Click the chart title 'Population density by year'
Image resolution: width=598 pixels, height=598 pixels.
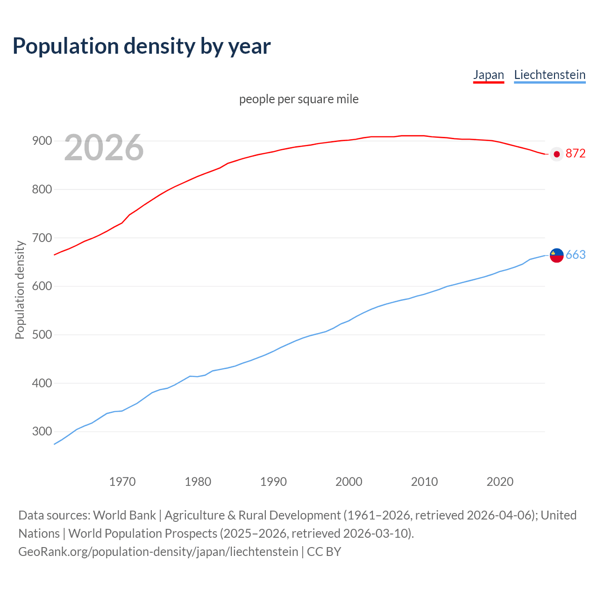coord(142,46)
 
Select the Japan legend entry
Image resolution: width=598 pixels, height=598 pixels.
coord(488,75)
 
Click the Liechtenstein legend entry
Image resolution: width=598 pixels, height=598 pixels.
coord(549,75)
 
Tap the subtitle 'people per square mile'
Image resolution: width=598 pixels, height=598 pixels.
coord(299,99)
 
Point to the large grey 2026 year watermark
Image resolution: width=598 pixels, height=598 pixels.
coord(104,148)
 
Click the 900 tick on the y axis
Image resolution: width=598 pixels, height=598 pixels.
coord(42,141)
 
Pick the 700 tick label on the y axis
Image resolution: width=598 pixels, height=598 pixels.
coord(42,238)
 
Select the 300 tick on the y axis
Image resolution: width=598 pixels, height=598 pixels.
coord(42,431)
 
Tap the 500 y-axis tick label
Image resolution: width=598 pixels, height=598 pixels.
coord(42,335)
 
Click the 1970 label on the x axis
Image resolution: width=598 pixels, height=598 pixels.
coord(122,482)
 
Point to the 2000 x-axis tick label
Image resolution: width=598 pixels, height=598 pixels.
coord(349,482)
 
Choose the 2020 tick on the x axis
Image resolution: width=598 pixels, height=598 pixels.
coord(500,482)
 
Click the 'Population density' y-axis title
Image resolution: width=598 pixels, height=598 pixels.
coord(20,290)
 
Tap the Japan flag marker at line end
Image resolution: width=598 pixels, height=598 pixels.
coord(556,154)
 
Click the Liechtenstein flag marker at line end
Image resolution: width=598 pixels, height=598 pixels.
coord(556,255)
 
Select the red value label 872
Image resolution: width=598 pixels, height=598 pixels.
coord(575,154)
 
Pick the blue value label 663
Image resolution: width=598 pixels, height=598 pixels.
coord(575,255)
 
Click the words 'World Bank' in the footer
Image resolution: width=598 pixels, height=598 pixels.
coord(124,515)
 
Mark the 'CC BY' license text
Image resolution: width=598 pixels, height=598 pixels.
coord(324,551)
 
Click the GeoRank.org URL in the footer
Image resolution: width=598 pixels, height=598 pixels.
coord(158,551)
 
